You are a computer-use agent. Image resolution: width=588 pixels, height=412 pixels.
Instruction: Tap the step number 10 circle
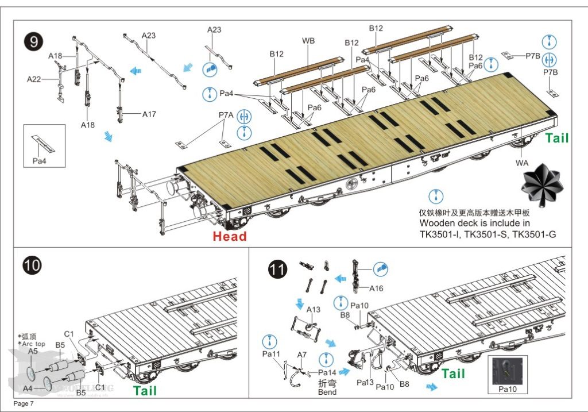point(34,265)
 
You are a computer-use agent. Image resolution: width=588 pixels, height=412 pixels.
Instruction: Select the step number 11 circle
point(278,269)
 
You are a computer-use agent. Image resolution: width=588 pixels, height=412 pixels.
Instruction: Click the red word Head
point(230,236)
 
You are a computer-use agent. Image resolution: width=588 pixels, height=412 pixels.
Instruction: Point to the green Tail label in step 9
point(557,138)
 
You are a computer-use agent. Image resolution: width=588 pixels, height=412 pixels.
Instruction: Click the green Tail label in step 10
point(145,391)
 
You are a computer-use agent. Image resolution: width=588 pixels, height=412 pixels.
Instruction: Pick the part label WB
point(308,41)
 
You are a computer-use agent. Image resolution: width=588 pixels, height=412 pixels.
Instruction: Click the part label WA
point(521,163)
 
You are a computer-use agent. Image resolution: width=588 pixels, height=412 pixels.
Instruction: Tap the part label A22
point(34,79)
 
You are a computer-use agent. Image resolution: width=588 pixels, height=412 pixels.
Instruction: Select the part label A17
point(149,114)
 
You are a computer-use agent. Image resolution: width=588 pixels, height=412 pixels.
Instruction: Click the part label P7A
point(226,115)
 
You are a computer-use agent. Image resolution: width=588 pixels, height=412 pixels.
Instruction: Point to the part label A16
point(376,288)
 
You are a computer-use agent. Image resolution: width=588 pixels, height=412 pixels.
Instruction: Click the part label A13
point(314,310)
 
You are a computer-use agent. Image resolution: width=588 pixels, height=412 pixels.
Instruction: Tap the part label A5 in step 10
point(33,351)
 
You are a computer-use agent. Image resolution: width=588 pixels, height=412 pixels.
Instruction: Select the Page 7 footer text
point(24,404)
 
